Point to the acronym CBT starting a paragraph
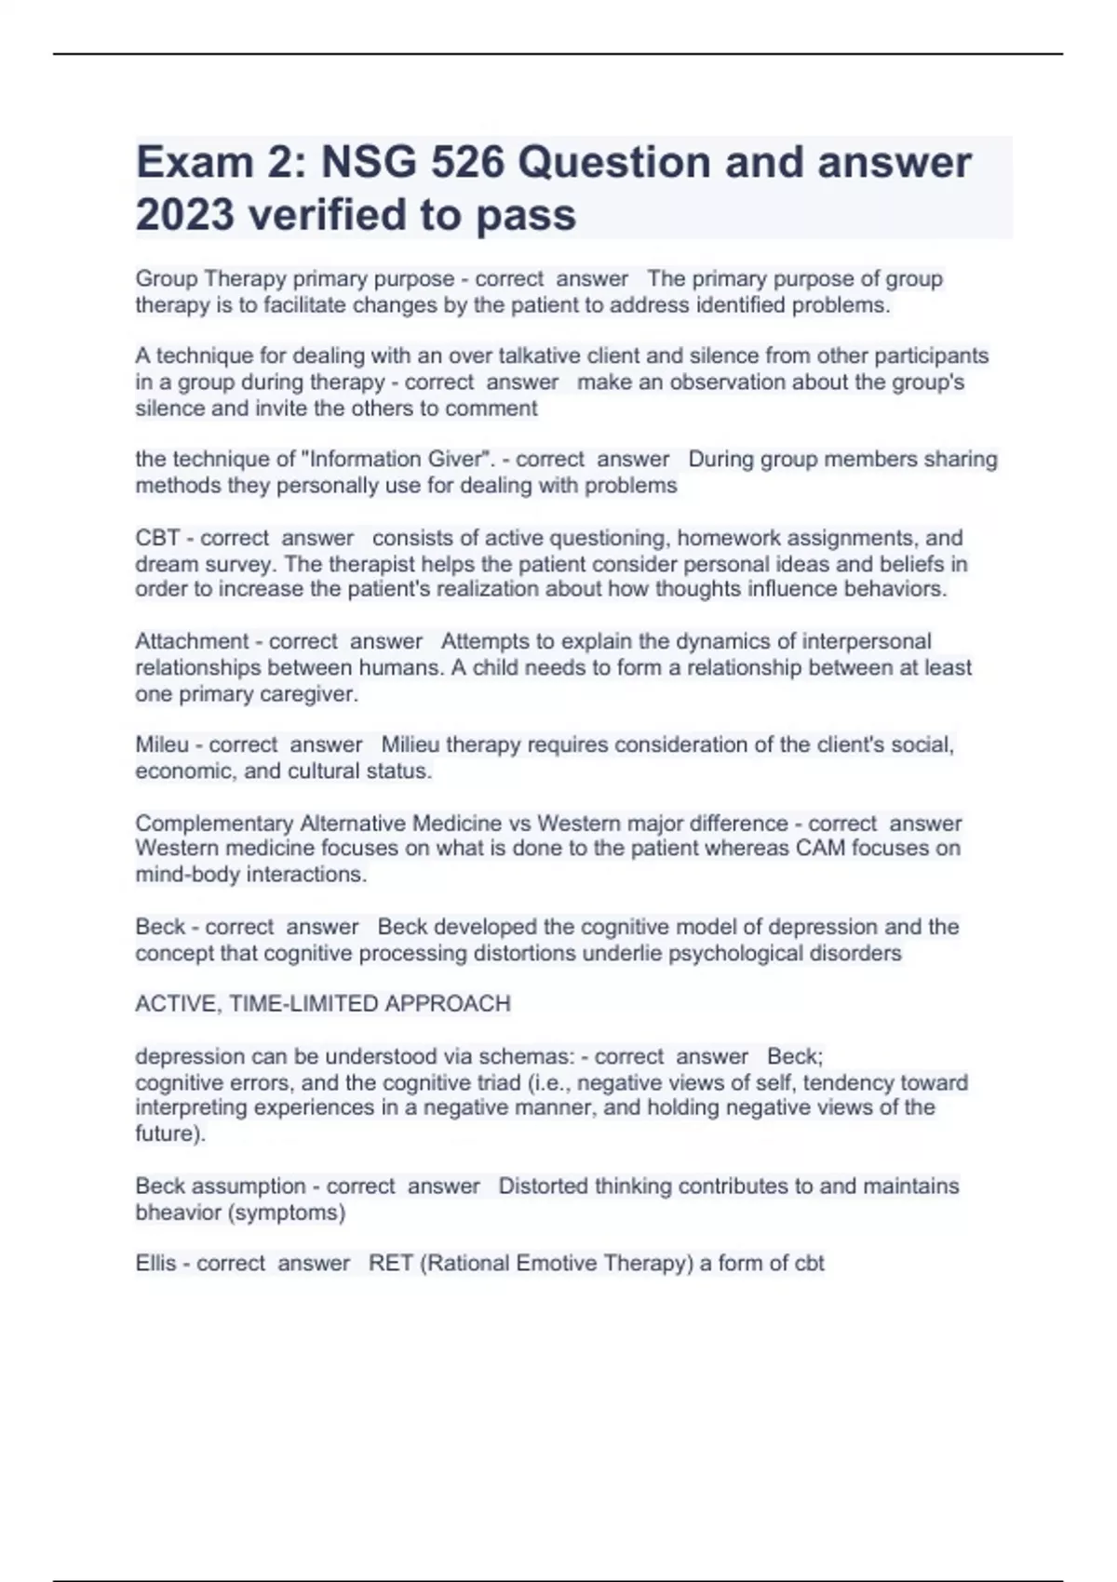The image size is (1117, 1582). click(157, 538)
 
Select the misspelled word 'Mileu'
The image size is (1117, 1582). click(162, 744)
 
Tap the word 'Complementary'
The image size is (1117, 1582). click(214, 824)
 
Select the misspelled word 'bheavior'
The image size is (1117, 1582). click(175, 1213)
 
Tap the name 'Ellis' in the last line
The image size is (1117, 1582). click(155, 1264)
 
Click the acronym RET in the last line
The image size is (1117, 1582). click(390, 1264)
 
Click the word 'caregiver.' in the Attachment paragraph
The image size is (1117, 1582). click(313, 694)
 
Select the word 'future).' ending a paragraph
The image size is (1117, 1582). click(170, 1134)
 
